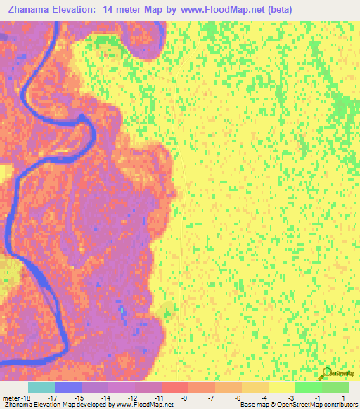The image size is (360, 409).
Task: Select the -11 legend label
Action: pos(160,398)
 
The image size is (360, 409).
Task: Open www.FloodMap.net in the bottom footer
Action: pos(144,405)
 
